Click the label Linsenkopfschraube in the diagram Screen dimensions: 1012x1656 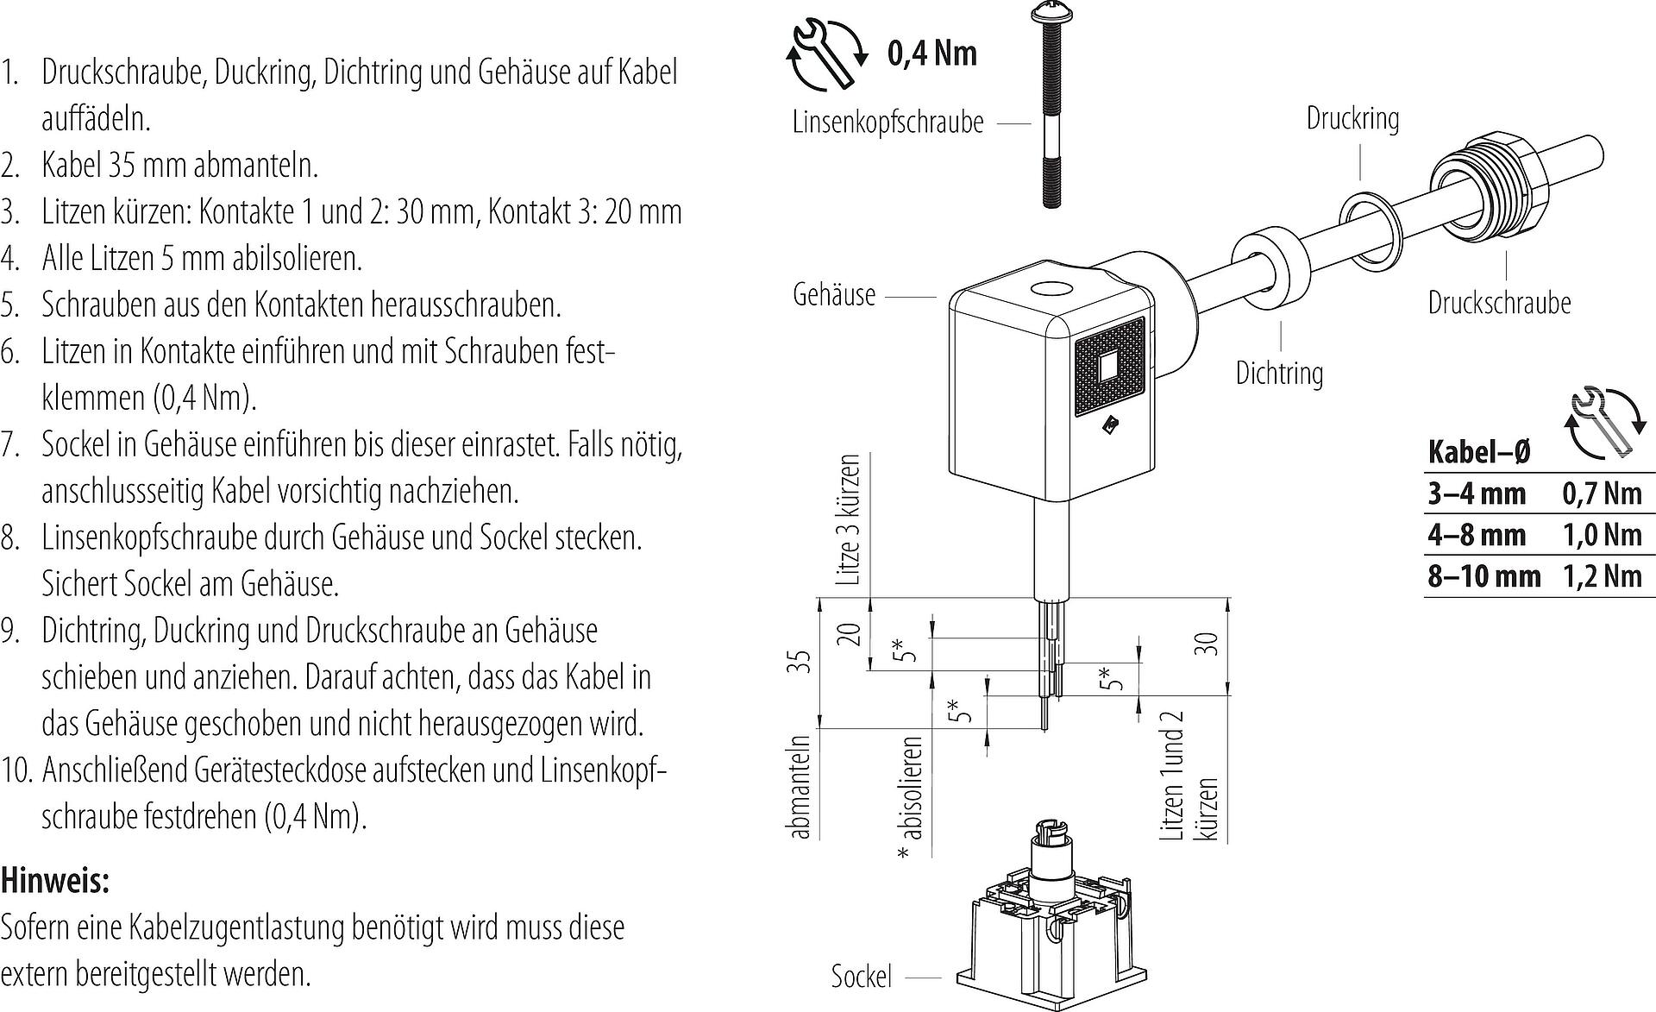pyautogui.click(x=888, y=123)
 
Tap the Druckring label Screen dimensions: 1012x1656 pyautogui.click(x=1352, y=118)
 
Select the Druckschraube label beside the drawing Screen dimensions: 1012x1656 pyautogui.click(x=1499, y=303)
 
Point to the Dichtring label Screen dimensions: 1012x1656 pyautogui.click(x=1279, y=374)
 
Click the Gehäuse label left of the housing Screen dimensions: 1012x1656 pyautogui.click(x=833, y=295)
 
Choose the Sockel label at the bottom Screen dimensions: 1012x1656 pyautogui.click(x=861, y=977)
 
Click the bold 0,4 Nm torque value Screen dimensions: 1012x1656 pyautogui.click(x=932, y=53)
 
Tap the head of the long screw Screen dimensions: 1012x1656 pyautogui.click(x=1051, y=12)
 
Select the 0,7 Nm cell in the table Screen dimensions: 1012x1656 pyautogui.click(x=1602, y=493)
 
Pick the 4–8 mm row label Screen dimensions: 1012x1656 pyautogui.click(x=1477, y=535)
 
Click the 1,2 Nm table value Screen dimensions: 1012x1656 pyautogui.click(x=1602, y=575)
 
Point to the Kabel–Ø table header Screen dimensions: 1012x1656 pyautogui.click(x=1478, y=451)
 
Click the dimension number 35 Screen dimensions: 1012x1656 pyautogui.click(x=801, y=662)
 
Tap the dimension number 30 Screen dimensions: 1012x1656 pyautogui.click(x=1209, y=644)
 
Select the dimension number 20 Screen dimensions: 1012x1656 pyautogui.click(x=850, y=634)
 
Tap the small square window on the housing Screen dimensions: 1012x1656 pyautogui.click(x=1108, y=367)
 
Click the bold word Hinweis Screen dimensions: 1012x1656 pyautogui.click(x=55, y=881)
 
